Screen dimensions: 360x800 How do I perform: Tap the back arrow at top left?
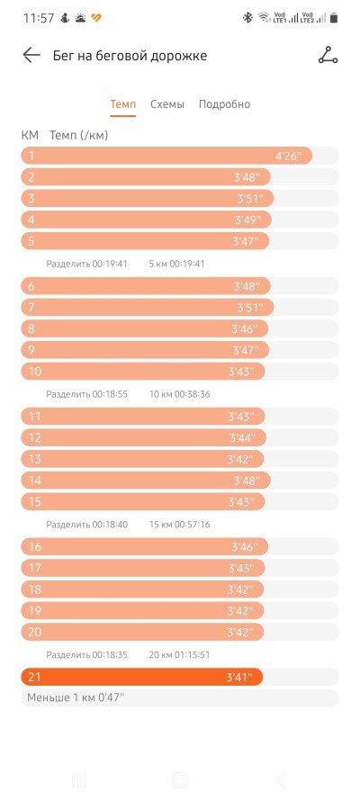[x=31, y=55]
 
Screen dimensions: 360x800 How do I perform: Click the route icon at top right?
[x=328, y=55]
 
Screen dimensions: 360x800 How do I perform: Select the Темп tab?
[x=123, y=104]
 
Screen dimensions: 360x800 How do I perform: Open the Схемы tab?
[x=167, y=104]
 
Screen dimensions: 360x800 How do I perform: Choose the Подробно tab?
[x=224, y=104]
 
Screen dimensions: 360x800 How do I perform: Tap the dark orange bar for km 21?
[x=142, y=677]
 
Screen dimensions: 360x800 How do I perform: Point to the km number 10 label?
[x=35, y=372]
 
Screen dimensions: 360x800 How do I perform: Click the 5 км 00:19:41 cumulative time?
[x=176, y=265]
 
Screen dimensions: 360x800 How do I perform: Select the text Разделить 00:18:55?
[x=86, y=394]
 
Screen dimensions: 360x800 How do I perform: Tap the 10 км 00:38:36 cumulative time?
[x=179, y=394]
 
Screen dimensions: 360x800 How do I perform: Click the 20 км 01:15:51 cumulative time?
[x=179, y=654]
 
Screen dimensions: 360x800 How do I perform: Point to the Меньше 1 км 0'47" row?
[x=76, y=698]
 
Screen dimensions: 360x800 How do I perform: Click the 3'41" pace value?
[x=239, y=678]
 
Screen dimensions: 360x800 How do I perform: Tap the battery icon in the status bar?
[x=334, y=18]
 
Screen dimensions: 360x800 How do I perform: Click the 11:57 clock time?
[x=38, y=18]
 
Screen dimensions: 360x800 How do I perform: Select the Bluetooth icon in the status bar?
[x=247, y=18]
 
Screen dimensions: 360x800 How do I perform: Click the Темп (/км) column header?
[x=79, y=135]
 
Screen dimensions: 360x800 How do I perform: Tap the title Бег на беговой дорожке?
[x=130, y=56]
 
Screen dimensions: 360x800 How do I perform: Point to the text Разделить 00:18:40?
[x=86, y=525]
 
